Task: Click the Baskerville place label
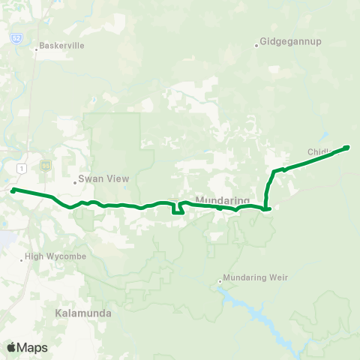64,45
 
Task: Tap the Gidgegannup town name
292,41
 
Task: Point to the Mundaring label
222,200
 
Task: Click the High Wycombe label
56,256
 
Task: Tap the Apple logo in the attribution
11,347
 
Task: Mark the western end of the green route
13,190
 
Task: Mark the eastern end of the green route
347,147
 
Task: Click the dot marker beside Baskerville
36,51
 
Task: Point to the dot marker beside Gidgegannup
256,46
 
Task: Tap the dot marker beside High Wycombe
22,259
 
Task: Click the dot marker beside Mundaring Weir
220,282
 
